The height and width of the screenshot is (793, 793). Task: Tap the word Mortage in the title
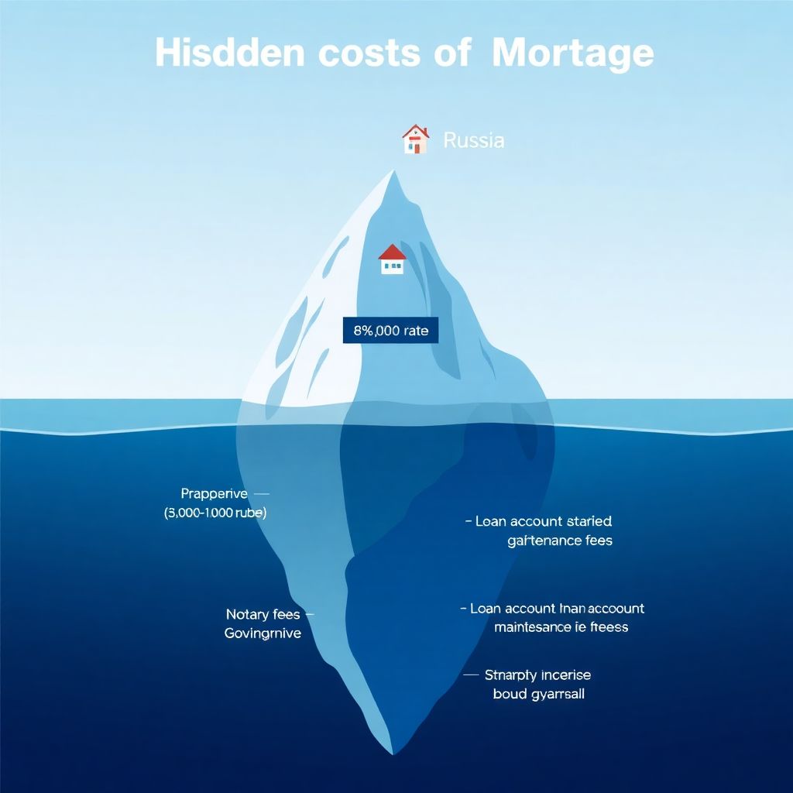point(572,53)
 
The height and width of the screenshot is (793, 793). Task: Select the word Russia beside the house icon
point(473,140)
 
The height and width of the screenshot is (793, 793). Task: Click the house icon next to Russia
point(415,139)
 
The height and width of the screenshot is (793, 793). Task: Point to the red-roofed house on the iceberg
point(393,259)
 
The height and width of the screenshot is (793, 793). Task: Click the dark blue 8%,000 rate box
point(390,331)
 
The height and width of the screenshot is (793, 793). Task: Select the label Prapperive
point(214,493)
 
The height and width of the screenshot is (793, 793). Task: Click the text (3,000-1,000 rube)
point(215,513)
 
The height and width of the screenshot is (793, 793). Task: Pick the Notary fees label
point(263,614)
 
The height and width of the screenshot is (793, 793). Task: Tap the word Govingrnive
point(263,633)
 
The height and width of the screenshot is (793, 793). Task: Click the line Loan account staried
point(543,521)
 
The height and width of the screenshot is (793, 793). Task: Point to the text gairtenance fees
point(560,541)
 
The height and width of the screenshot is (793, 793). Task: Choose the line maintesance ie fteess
point(561,627)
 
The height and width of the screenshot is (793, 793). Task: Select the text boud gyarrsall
point(538,694)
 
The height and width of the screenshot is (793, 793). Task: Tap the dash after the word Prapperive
point(261,493)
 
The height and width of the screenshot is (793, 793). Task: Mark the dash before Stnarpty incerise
point(471,675)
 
